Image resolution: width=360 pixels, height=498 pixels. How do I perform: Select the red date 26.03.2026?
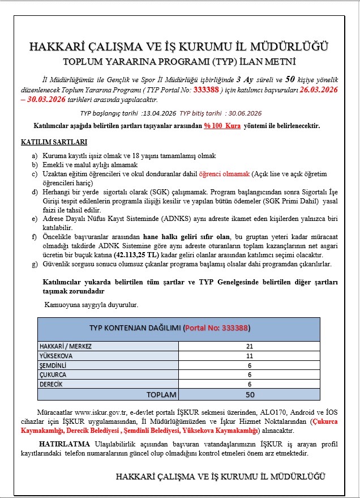[x=319, y=90]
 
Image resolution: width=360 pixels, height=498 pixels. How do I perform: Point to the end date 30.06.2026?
[x=244, y=113]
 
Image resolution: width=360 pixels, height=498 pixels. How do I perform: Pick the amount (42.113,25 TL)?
[x=135, y=255]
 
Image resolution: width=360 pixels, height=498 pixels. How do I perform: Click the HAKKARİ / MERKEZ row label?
[x=66, y=346]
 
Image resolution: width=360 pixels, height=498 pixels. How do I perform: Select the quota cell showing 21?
[x=250, y=346]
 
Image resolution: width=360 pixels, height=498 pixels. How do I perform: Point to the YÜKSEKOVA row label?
[x=56, y=356]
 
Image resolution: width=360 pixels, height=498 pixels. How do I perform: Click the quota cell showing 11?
[x=250, y=356]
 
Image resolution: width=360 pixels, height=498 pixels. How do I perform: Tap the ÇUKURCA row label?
[x=53, y=375]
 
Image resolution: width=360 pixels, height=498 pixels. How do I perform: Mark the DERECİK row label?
[x=52, y=384]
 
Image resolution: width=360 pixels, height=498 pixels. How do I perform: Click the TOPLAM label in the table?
[x=161, y=394]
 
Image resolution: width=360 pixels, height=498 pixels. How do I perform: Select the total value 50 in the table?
[x=250, y=394]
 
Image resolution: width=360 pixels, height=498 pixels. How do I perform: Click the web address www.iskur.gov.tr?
[x=101, y=412]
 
